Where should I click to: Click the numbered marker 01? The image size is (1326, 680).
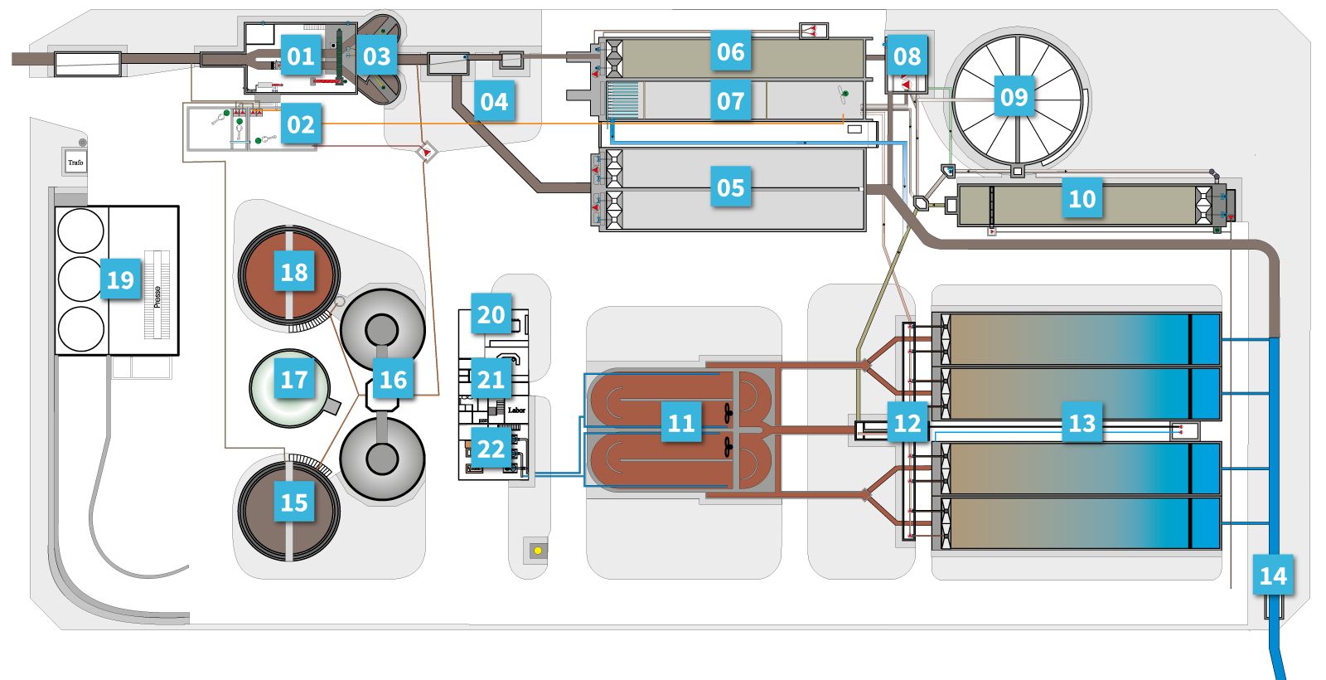[x=300, y=56]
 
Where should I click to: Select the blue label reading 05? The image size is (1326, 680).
[x=730, y=188]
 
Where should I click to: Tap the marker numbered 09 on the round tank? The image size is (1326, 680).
[x=1014, y=98]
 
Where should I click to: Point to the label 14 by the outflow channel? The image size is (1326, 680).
[x=1272, y=576]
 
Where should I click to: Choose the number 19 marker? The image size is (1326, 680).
[x=120, y=280]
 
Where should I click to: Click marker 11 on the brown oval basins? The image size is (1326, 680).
[x=681, y=424]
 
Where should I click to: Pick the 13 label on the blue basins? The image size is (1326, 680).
[x=1082, y=424]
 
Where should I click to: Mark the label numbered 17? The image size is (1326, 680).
[x=294, y=380]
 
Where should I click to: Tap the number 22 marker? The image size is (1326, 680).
[x=491, y=449]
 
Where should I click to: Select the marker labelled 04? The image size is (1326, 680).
[x=494, y=102]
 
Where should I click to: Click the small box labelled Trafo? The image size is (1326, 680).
[x=75, y=162]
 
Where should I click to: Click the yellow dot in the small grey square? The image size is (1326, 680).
[x=538, y=550]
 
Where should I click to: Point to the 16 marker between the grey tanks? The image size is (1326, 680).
[x=393, y=380]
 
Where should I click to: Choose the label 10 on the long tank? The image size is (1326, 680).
[x=1082, y=199]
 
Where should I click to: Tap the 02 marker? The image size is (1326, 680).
[x=300, y=125]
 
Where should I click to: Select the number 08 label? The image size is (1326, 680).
[x=907, y=56]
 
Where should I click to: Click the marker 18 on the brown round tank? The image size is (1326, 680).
[x=294, y=272]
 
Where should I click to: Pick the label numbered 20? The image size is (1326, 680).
[x=491, y=315]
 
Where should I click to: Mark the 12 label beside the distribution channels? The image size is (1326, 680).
[x=907, y=424]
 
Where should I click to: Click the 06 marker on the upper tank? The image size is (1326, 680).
[x=730, y=52]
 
